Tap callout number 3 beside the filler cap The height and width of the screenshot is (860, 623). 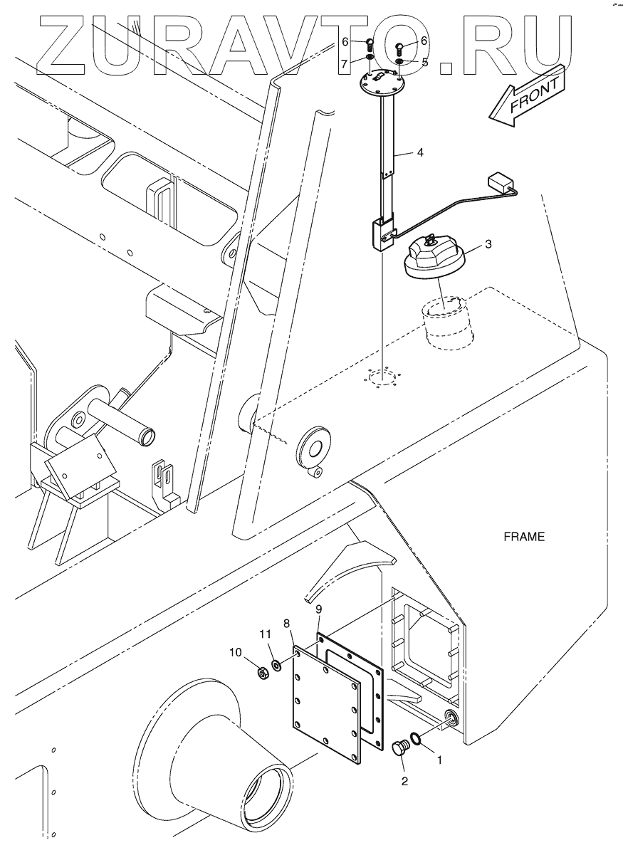click(488, 245)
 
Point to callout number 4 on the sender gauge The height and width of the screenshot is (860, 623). click(420, 153)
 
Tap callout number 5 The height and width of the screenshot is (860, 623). click(424, 62)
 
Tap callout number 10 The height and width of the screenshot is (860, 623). click(236, 651)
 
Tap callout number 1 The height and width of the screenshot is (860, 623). click(439, 760)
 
